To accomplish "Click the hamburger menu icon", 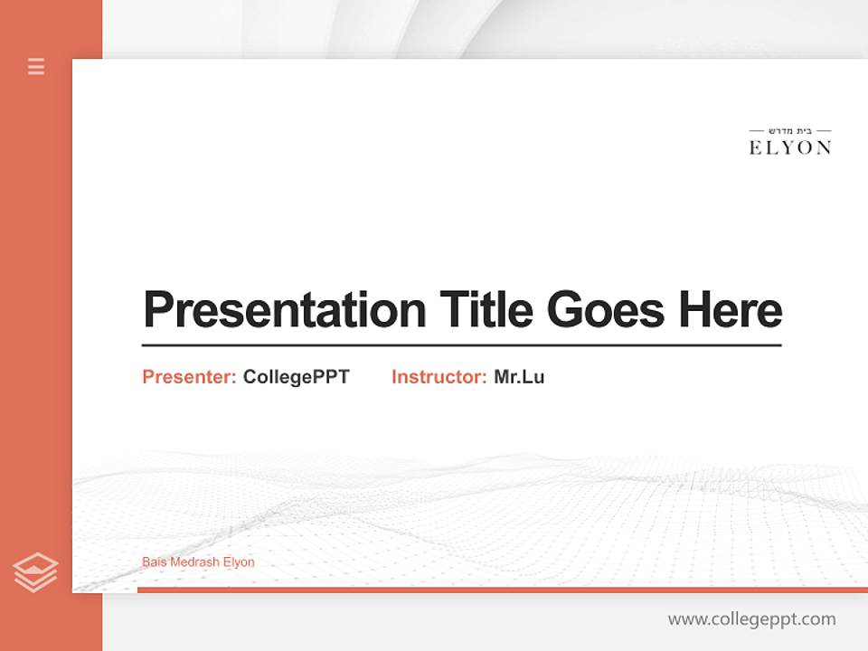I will (36, 66).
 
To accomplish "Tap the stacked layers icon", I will (35, 572).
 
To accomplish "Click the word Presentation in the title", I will (285, 310).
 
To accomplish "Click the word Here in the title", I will (731, 310).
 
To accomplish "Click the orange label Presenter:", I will (190, 377).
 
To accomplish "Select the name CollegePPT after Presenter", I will (296, 377).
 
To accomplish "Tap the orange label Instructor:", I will (439, 377).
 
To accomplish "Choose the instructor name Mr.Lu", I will (519, 377).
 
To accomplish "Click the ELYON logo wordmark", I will (790, 147).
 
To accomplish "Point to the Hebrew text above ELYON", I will (790, 130).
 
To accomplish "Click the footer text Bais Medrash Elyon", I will (198, 562).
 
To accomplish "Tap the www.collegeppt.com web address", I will (751, 619).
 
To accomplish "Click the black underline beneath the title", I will (461, 344).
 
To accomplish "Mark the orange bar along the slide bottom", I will (502, 590).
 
